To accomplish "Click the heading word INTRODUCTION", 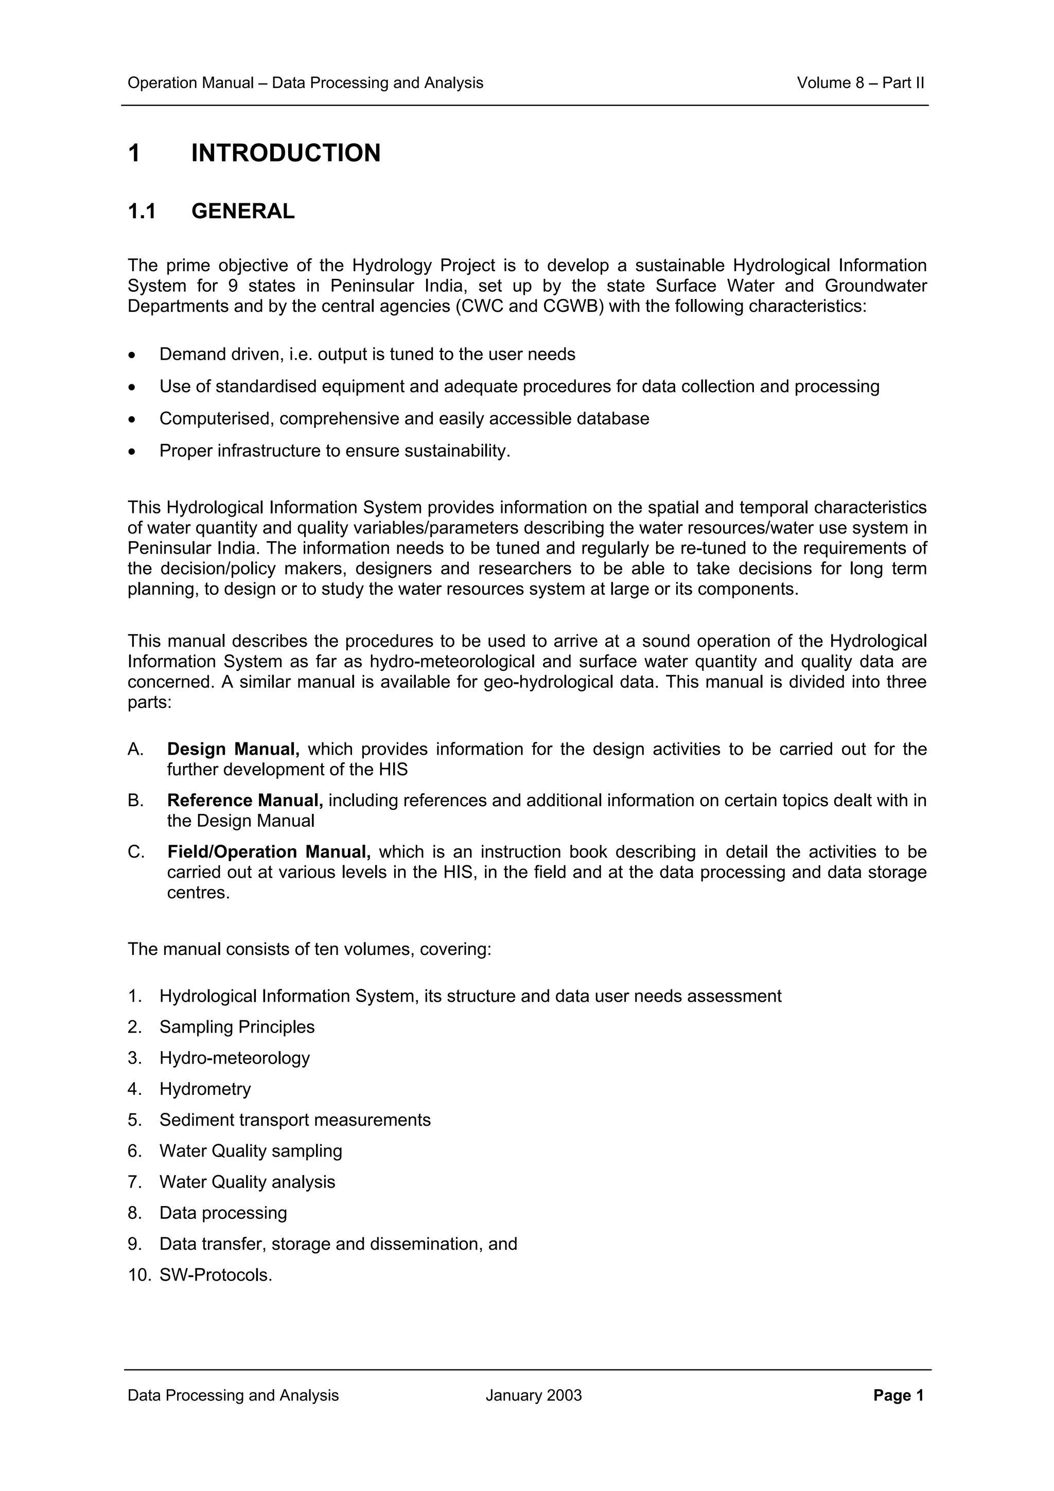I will coord(286,153).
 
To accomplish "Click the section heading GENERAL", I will coord(243,211).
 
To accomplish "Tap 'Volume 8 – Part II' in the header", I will coord(860,83).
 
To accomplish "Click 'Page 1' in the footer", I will coord(898,1395).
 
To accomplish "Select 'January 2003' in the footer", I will coord(533,1395).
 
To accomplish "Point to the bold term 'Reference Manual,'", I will coord(245,801).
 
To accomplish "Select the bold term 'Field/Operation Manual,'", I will coord(269,852).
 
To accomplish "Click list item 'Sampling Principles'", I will coord(237,1027).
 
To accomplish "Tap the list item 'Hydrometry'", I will coord(205,1089).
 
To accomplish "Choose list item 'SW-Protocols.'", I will coord(216,1275).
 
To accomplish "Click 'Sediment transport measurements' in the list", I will coord(295,1120).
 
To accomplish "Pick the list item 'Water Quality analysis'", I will coord(248,1182).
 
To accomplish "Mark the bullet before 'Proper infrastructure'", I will coord(132,452).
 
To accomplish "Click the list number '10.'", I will coord(139,1275).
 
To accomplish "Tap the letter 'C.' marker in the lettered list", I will coord(136,852).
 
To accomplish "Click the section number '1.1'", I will coord(142,211).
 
